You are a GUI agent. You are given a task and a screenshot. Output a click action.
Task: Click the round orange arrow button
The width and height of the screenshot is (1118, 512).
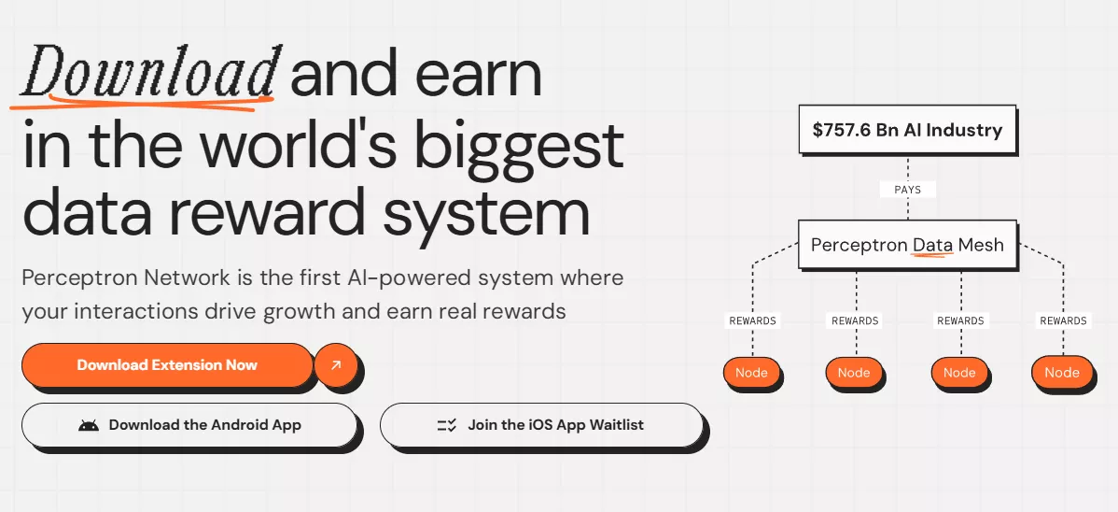pyautogui.click(x=336, y=365)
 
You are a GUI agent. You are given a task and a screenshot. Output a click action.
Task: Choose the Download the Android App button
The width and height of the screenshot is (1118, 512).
pyautogui.click(x=189, y=425)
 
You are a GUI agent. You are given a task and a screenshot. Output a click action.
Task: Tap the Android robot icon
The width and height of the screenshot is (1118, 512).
pyautogui.click(x=89, y=426)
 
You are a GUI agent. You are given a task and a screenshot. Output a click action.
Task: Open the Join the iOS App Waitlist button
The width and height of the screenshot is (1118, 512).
pyautogui.click(x=540, y=425)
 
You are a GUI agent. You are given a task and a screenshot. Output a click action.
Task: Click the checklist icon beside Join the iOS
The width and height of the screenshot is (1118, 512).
pyautogui.click(x=446, y=426)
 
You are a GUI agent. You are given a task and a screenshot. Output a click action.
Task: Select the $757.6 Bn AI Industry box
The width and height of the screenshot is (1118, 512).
pyautogui.click(x=907, y=130)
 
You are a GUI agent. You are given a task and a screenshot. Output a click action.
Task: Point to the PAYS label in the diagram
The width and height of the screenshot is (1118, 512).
pyautogui.click(x=907, y=190)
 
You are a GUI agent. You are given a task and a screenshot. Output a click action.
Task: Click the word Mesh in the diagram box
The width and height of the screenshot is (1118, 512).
pyautogui.click(x=981, y=245)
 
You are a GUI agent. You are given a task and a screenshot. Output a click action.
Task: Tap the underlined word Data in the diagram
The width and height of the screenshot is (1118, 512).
pyautogui.click(x=932, y=245)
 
